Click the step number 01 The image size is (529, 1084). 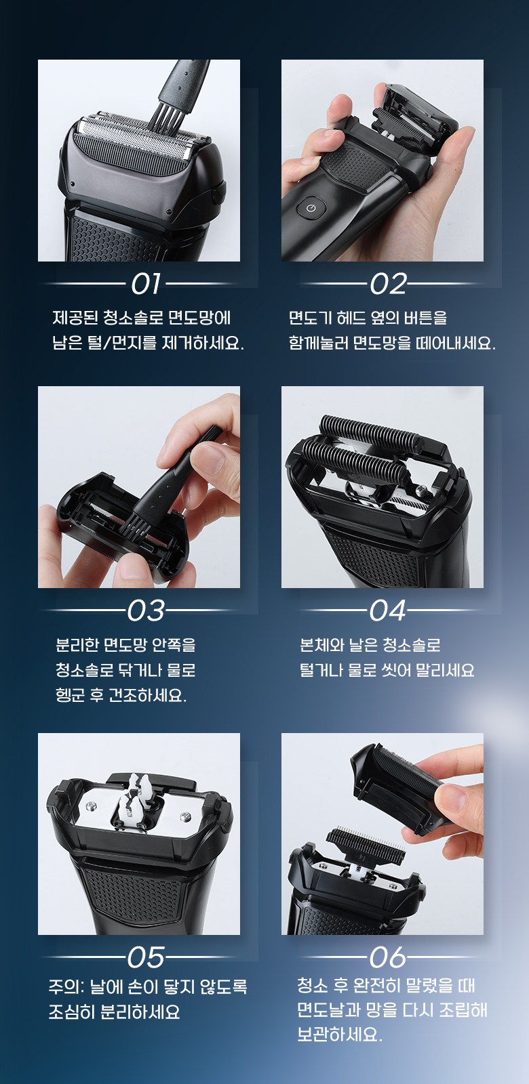tap(145, 284)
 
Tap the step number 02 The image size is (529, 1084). tap(388, 284)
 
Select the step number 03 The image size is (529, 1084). tap(146, 610)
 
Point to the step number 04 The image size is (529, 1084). tap(387, 610)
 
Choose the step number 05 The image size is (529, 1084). tap(146, 957)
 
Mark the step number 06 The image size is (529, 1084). tap(387, 957)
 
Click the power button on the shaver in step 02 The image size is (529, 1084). tap(311, 209)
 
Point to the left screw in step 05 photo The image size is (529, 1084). tap(91, 806)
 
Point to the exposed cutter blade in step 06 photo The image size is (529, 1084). tap(366, 846)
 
